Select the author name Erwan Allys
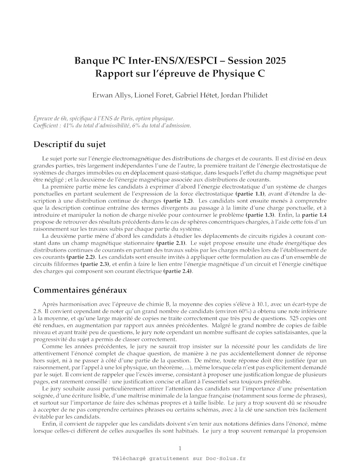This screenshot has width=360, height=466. pos(111,95)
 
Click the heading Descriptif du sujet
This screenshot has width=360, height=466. pos(69,144)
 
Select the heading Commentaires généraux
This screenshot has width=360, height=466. pos(80,290)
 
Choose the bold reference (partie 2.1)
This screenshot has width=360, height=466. pos(171,243)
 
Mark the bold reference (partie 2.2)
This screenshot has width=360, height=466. pos(81,257)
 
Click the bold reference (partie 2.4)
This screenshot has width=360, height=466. pos(177,271)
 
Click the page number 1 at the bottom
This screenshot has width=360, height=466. pos(180,448)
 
